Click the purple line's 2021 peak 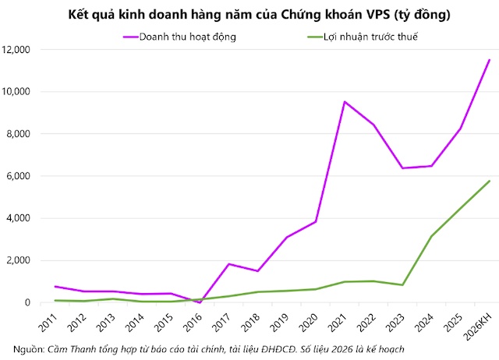345,102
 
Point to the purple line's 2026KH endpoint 489,60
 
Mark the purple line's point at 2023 402,168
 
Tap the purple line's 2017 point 228,264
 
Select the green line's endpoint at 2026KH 489,181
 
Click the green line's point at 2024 431,236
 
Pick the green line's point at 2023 402,285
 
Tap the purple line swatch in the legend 129,37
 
